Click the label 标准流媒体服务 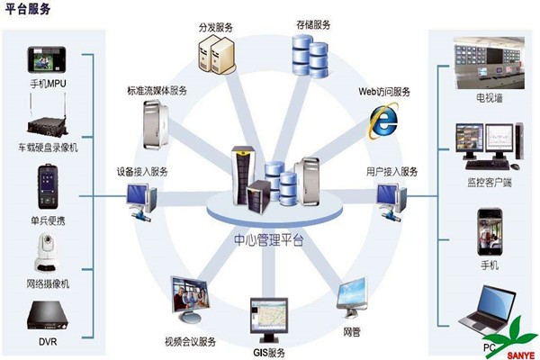click(x=157, y=91)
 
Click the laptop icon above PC click(x=487, y=306)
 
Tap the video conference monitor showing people click(x=191, y=301)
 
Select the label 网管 click(x=352, y=331)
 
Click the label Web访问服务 click(x=385, y=92)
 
